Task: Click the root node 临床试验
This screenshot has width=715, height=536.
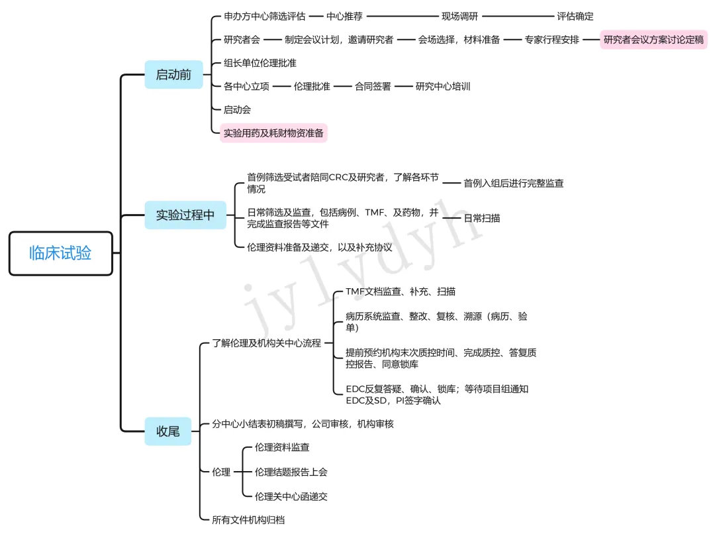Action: pyautogui.click(x=60, y=252)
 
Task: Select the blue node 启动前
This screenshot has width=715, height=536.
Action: pyautogui.click(x=173, y=75)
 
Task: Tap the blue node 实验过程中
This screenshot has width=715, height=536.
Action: pyautogui.click(x=185, y=215)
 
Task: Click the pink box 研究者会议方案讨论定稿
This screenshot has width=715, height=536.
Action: pyautogui.click(x=654, y=40)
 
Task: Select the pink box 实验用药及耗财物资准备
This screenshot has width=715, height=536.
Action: pyautogui.click(x=273, y=133)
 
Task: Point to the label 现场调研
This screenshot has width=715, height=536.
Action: pyautogui.click(x=460, y=17)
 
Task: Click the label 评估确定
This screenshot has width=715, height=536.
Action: pyautogui.click(x=575, y=17)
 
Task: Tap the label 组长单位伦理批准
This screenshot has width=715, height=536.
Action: pyautogui.click(x=260, y=63)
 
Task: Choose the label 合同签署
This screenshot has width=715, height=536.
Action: pyautogui.click(x=373, y=86)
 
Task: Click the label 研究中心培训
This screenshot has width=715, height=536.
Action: pyautogui.click(x=443, y=86)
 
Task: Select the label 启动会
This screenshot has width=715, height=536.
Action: pyautogui.click(x=237, y=109)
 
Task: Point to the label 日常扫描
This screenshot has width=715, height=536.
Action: pyautogui.click(x=482, y=217)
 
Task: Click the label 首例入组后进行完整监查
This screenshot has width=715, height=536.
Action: pyautogui.click(x=514, y=182)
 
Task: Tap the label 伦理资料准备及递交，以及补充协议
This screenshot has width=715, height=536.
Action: pyautogui.click(x=320, y=247)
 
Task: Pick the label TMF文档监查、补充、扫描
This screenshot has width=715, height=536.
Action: pyautogui.click(x=400, y=292)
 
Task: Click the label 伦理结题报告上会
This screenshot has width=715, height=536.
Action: pyautogui.click(x=291, y=472)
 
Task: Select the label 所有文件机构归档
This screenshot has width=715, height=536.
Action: pyautogui.click(x=248, y=520)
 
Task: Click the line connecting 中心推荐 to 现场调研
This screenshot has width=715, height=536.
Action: pyautogui.click(x=402, y=17)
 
